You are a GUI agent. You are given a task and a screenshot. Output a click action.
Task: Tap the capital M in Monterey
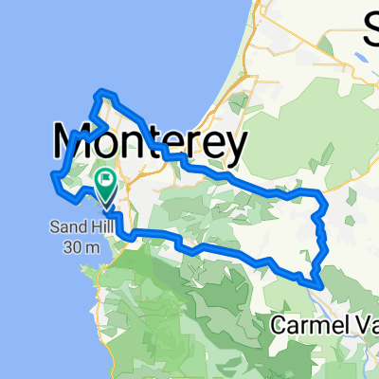coord(74,144)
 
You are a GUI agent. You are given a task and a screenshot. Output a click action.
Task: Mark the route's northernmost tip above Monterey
coord(101,92)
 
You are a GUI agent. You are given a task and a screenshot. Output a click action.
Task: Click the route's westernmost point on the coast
coord(52,174)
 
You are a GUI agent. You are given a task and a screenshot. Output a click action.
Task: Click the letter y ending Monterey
coord(236,148)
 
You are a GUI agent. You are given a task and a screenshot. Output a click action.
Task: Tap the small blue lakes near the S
coord(360,58)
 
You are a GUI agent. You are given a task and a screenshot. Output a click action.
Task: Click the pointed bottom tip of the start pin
coord(104,207)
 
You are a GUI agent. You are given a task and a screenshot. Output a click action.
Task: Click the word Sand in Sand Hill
coord(69,226)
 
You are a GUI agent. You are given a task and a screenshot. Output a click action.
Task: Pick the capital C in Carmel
coord(279,325)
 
